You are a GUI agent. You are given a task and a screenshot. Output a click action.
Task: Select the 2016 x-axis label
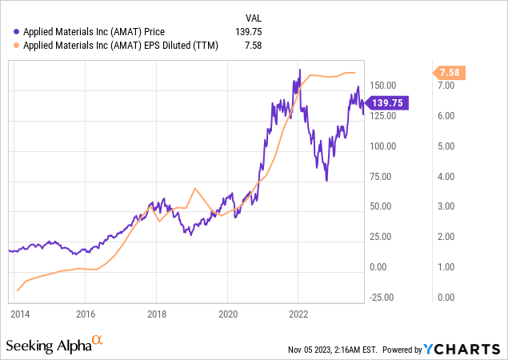pyautogui.click(x=86, y=313)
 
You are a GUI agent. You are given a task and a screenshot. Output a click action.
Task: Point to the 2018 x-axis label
pyautogui.click(x=157, y=313)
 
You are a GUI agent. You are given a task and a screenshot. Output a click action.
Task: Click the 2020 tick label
pyautogui.click(x=228, y=313)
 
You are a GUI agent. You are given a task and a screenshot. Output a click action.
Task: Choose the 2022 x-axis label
pyautogui.click(x=298, y=313)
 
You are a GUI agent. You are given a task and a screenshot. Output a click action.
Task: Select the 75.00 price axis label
pyautogui.click(x=386, y=177)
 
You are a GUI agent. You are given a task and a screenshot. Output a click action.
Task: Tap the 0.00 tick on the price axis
pyautogui.click(x=388, y=267)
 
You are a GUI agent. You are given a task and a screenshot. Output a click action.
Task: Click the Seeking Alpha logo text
pyautogui.click(x=48, y=346)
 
